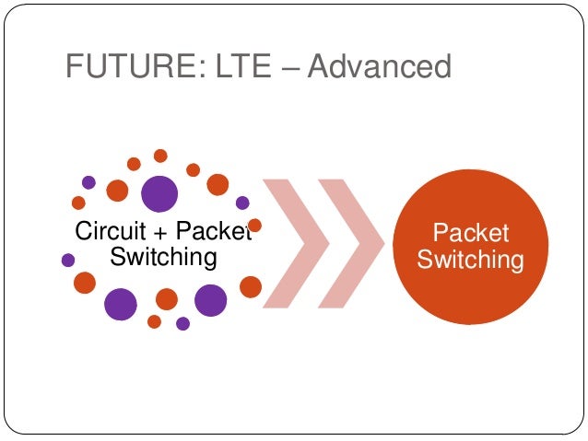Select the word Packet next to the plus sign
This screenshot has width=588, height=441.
[212, 231]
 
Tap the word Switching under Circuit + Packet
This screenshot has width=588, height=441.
[163, 257]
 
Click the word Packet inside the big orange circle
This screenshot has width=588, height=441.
[470, 233]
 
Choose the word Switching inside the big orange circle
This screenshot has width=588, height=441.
[470, 260]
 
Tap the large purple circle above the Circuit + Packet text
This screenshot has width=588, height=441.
[159, 194]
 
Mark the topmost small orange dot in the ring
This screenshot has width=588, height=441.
[160, 156]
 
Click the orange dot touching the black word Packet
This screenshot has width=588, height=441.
[255, 225]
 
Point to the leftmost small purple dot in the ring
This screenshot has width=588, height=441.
[67, 261]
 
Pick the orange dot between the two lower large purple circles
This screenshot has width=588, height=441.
[167, 299]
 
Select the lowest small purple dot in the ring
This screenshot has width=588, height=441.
[182, 323]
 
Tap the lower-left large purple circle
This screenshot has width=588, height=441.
[121, 303]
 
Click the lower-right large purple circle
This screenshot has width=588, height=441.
[211, 299]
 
